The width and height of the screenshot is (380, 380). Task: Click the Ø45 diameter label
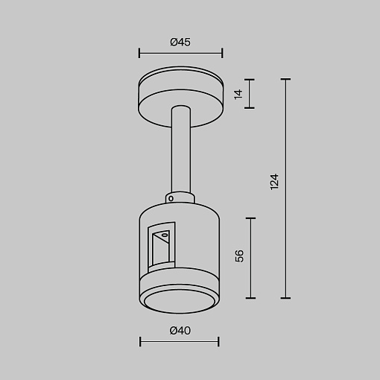(180, 42)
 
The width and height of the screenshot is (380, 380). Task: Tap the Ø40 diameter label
(180, 331)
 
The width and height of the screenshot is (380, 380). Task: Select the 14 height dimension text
(238, 95)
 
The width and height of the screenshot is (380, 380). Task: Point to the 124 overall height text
(274, 182)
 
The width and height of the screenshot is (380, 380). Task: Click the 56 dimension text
(239, 256)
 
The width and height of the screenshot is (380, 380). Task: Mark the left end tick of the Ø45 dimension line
(139, 53)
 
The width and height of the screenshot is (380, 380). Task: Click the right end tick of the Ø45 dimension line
(222, 53)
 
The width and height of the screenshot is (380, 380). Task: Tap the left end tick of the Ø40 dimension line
(140, 341)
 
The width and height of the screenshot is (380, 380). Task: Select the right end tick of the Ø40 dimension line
(218, 341)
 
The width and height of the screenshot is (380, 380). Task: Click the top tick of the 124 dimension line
(285, 79)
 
